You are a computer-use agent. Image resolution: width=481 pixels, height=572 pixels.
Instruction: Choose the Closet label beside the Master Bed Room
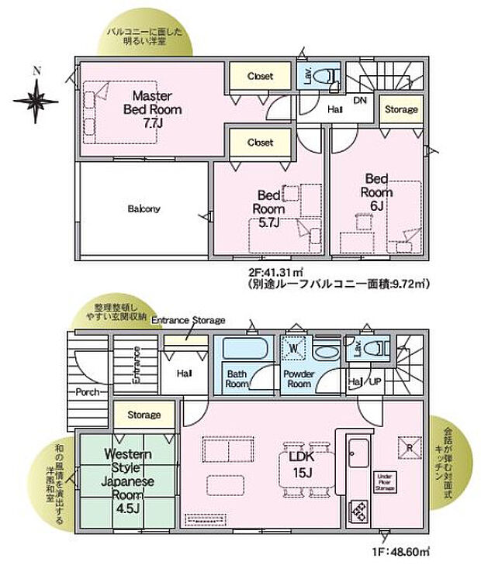tap(260, 76)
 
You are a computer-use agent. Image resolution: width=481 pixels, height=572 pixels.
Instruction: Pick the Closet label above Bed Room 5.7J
tap(260, 143)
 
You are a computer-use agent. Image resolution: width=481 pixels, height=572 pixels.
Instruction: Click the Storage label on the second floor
tap(401, 109)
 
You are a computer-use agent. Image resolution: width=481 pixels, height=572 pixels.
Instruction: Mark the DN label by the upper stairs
tap(360, 101)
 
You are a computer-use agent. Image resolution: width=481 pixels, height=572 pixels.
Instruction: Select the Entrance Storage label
tap(188, 320)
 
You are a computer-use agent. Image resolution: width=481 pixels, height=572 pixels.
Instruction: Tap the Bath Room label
tap(237, 378)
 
